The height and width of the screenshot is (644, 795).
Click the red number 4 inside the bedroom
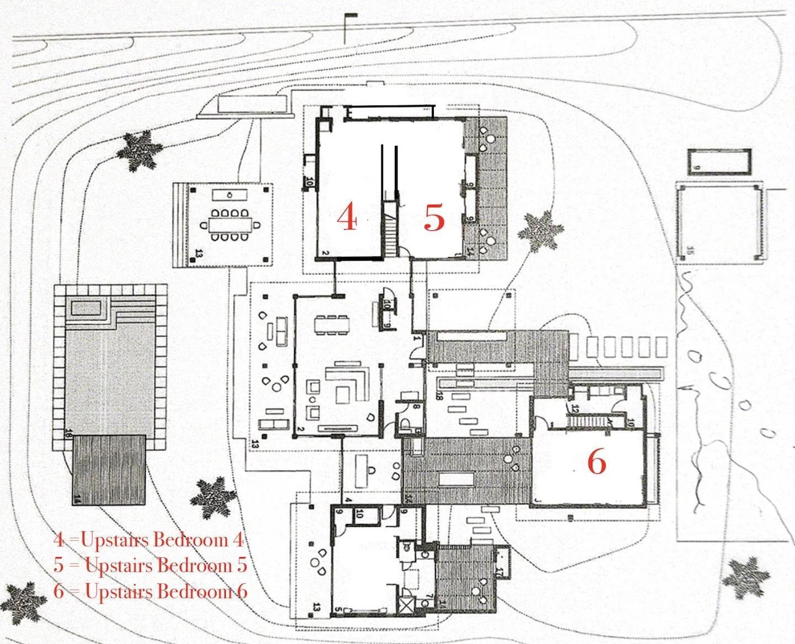(347, 217)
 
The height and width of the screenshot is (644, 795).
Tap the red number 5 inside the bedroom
(434, 217)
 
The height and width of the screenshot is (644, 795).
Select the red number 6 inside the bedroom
(596, 461)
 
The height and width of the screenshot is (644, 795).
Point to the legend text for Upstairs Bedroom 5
(150, 566)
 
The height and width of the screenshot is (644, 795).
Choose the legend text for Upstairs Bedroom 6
(150, 592)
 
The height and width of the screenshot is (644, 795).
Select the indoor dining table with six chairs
(331, 324)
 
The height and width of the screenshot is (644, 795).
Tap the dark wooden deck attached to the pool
(109, 469)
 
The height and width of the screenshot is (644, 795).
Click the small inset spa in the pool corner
(86, 307)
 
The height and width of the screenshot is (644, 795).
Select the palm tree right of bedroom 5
(540, 230)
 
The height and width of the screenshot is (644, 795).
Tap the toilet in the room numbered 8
(406, 424)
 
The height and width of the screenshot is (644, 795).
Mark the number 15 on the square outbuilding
(690, 251)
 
